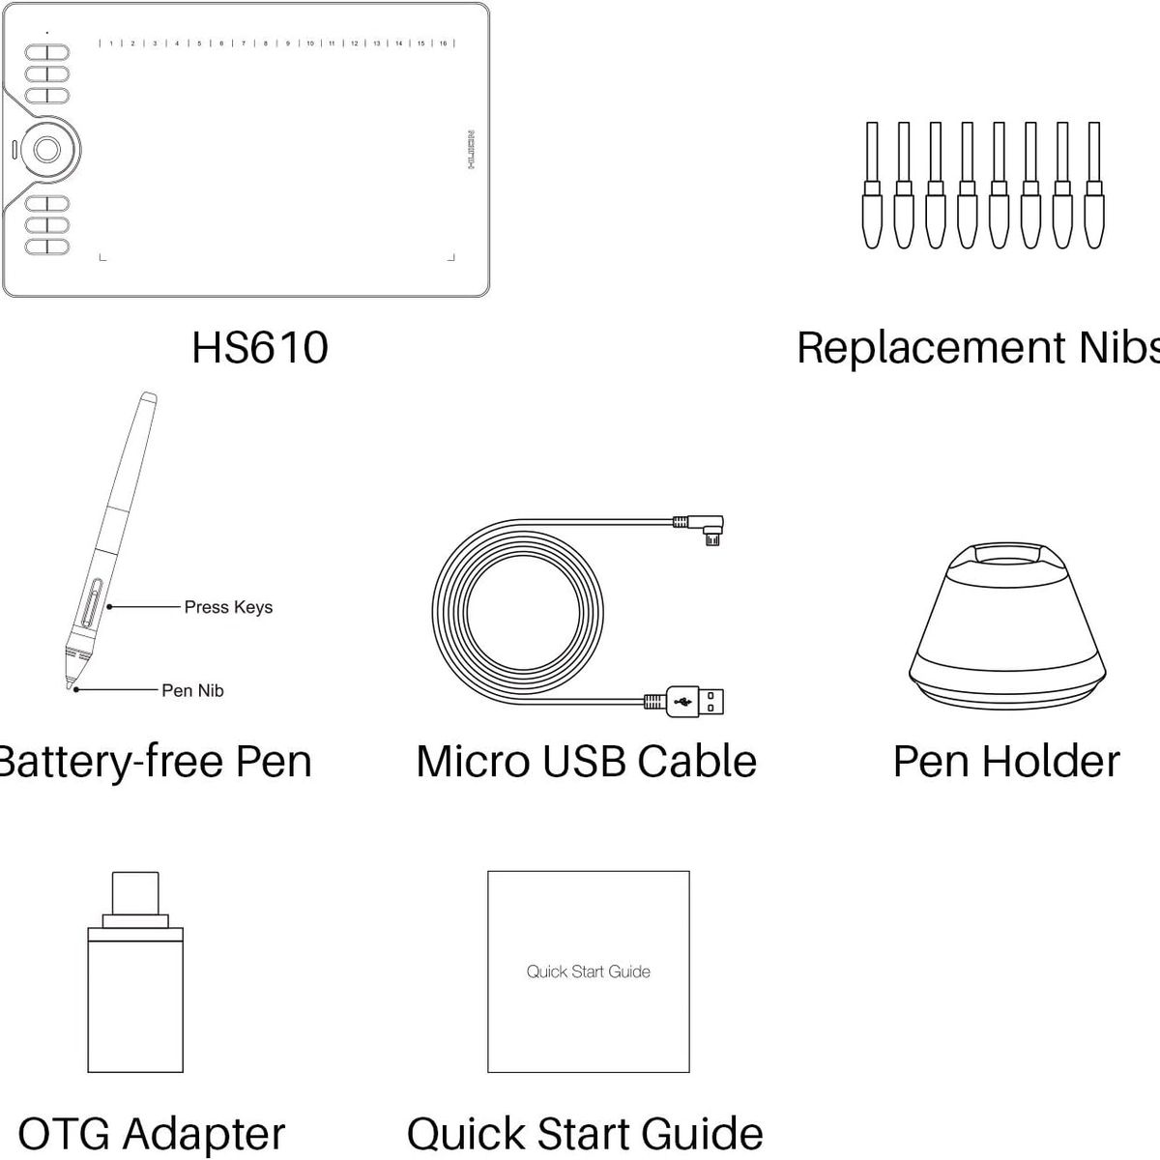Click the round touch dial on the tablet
coord(47,149)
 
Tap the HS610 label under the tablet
coord(260,348)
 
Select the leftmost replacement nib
coord(872,186)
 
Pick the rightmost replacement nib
coord(1094,186)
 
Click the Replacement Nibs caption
coord(976,348)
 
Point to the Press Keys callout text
coord(228,607)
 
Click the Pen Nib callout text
coord(192,690)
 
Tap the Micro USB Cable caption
coord(586,762)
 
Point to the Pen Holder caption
coord(1005,762)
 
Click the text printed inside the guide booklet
coord(588,971)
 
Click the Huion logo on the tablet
coord(471,150)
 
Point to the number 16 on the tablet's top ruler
coord(443,43)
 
